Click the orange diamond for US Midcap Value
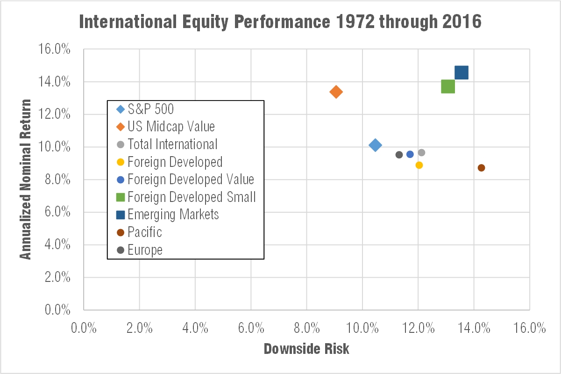click(x=336, y=92)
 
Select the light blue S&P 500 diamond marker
click(x=375, y=145)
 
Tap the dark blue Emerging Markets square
click(x=461, y=72)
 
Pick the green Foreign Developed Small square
click(x=447, y=86)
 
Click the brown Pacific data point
click(x=481, y=168)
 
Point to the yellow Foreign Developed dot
click(x=419, y=165)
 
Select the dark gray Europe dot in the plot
click(x=399, y=155)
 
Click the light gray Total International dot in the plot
click(x=421, y=152)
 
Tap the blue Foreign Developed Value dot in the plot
click(x=410, y=154)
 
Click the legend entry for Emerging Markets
click(x=173, y=215)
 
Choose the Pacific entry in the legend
click(x=145, y=232)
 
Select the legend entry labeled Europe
click(x=145, y=250)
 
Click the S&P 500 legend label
click(x=150, y=109)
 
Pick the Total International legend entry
click(x=172, y=144)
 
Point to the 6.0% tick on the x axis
click(x=251, y=328)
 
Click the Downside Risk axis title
click(x=306, y=349)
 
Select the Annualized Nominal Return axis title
click(x=26, y=179)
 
